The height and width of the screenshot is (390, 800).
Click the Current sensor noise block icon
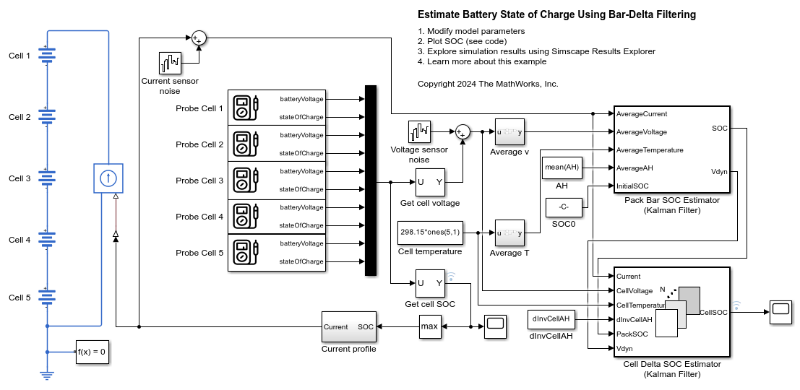170,64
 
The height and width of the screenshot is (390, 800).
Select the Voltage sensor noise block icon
419,132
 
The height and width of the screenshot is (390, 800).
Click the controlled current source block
107,178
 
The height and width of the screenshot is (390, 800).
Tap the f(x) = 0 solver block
93,352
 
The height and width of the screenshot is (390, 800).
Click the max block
429,327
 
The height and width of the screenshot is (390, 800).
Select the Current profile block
348,327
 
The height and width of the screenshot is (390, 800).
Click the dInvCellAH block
551,318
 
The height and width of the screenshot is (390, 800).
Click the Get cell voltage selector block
430,182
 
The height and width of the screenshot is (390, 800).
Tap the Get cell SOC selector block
430,283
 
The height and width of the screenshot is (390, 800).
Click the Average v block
509,132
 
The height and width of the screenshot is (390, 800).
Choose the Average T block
509,233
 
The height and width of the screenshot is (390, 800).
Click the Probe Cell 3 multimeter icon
248,181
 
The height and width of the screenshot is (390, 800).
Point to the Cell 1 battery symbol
47,56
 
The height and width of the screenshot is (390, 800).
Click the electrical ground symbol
47,375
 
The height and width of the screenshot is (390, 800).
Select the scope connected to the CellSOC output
780,313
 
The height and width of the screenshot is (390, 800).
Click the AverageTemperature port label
650,150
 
